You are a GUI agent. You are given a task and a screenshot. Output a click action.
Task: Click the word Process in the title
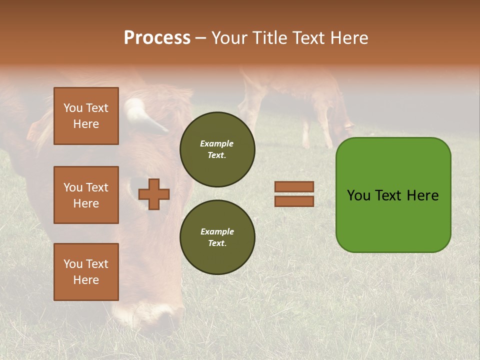[157, 38]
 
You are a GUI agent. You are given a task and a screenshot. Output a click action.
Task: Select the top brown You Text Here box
[86, 116]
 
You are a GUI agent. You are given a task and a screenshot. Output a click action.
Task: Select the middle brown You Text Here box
[86, 195]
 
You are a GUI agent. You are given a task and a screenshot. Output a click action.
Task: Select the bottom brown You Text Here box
[86, 271]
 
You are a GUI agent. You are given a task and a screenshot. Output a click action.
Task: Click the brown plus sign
[153, 194]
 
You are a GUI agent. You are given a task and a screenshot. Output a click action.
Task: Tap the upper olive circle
[217, 149]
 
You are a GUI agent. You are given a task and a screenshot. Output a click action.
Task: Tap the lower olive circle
[217, 237]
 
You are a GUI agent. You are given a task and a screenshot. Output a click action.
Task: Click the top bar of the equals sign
[294, 186]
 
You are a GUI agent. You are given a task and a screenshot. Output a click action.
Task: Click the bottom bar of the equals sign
[294, 201]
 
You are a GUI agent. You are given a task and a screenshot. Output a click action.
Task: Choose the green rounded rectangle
[393, 195]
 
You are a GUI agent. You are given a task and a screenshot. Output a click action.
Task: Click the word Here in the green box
[422, 195]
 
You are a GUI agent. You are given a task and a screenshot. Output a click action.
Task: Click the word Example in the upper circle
[217, 143]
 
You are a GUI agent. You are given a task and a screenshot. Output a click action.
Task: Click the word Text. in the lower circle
[217, 243]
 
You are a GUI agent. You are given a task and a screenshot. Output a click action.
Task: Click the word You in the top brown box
[72, 108]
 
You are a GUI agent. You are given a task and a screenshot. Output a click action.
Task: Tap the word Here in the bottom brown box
[86, 280]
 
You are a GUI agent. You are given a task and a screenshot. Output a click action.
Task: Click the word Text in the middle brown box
[97, 187]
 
